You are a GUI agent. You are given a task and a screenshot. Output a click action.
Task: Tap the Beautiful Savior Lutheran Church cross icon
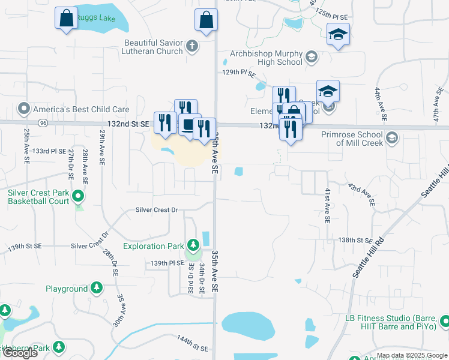[192, 46]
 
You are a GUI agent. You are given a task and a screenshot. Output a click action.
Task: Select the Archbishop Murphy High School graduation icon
[311, 57]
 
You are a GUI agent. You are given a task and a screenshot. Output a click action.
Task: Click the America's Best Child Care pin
[24, 109]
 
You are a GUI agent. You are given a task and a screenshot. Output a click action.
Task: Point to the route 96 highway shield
[43, 123]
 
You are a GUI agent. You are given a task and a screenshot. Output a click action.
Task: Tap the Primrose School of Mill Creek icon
[392, 138]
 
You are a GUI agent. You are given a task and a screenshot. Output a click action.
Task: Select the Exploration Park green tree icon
[193, 245]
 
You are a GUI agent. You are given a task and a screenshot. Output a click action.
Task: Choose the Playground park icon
[97, 289]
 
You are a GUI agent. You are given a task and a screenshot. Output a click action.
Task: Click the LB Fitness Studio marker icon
[444, 322]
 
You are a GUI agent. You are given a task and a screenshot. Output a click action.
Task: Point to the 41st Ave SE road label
[328, 205]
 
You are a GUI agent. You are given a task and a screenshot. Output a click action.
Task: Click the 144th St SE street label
[192, 344]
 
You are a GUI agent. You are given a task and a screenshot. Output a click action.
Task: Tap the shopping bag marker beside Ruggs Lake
[66, 18]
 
